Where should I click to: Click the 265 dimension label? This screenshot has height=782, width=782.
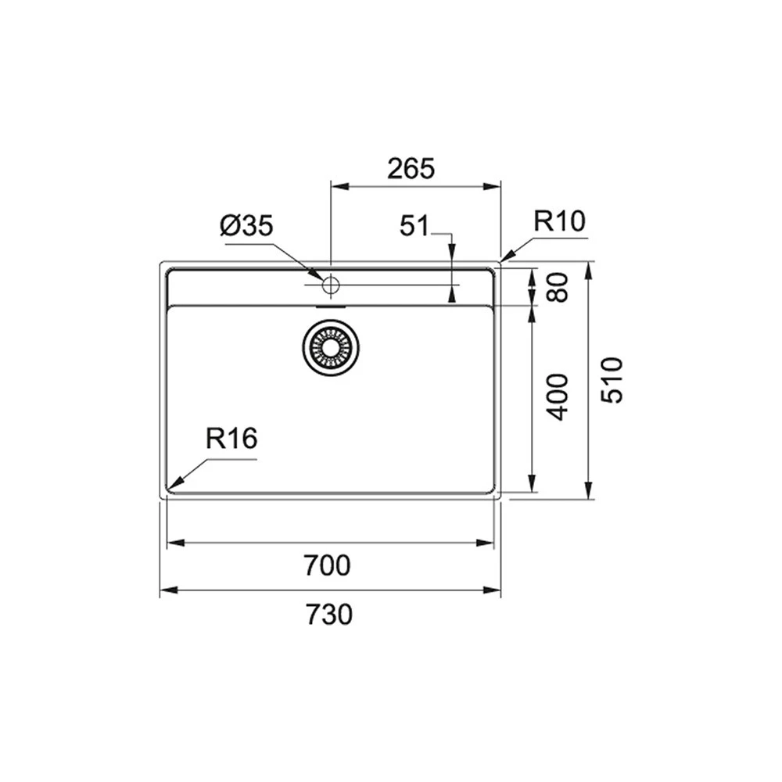pos(411,169)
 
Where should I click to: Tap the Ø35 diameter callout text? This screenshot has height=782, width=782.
pos(246,226)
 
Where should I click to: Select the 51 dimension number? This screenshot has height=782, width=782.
pos(414,226)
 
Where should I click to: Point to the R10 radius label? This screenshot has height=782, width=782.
pos(559,221)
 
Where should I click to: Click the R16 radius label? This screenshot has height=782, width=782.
pos(231,439)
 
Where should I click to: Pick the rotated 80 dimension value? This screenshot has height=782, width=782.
pos(558,287)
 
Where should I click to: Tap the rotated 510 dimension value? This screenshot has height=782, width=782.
pos(612,380)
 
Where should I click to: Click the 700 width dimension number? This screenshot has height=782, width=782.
pos(327,565)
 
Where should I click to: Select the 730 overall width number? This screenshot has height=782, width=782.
pos(328,615)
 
